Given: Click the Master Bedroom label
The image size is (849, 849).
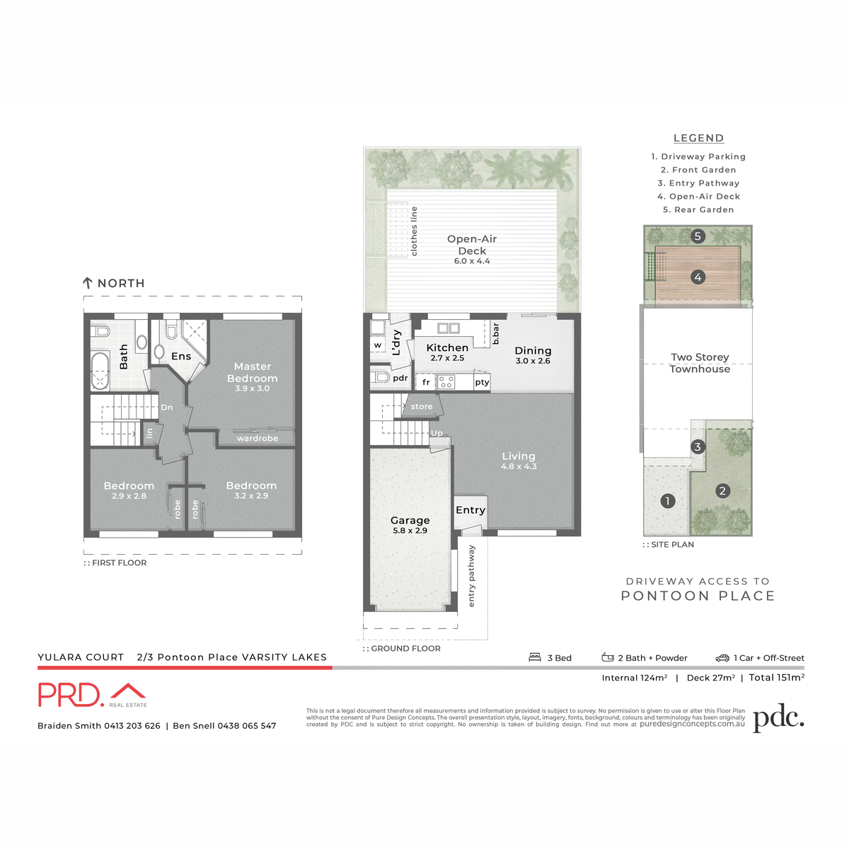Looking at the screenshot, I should (253, 373).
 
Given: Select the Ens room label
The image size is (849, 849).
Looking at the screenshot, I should (181, 357).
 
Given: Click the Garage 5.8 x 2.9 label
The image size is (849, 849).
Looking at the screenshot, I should (410, 524).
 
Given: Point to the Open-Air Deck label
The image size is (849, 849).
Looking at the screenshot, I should (472, 246).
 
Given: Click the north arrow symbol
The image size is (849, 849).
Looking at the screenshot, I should (88, 283).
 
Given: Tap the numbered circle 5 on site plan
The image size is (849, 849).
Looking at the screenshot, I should (698, 236).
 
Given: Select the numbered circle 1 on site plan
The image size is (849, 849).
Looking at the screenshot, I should (666, 501).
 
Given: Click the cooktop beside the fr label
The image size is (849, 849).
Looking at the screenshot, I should (446, 382).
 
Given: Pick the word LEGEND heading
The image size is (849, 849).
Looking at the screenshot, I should (698, 138).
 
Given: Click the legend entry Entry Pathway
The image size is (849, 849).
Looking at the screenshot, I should (698, 183).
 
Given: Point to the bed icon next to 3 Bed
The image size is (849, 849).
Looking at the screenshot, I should (535, 657).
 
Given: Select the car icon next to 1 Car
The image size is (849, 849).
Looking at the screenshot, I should (722, 658).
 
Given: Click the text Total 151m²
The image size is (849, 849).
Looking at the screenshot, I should (776, 678).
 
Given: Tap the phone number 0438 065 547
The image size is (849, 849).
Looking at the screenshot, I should (246, 726).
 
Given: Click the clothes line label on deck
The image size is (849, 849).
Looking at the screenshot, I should (414, 231).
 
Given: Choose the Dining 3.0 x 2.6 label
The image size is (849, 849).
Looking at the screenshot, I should (533, 354).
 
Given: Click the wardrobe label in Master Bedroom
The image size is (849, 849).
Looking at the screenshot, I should (257, 439).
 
